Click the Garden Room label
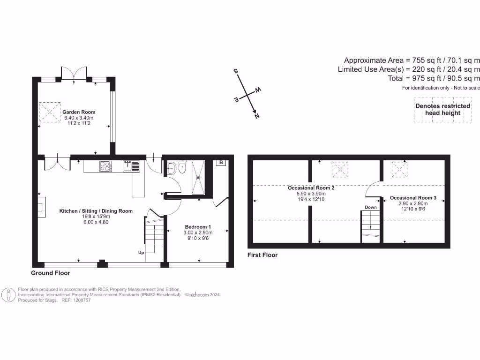tap(79, 112)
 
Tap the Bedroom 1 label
tap(197, 226)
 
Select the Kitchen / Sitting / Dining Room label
tap(96, 211)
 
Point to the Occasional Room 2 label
tap(311, 187)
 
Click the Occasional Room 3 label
tap(413, 198)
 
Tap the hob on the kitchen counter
tap(105, 166)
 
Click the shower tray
tap(198, 177)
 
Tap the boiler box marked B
tap(220, 163)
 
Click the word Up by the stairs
tap(141, 253)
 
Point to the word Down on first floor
tap(371, 207)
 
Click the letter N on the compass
tap(257, 117)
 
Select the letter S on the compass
tap(236, 71)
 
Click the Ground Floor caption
tap(51, 272)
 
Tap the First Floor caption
tap(262, 255)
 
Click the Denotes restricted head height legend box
tap(442, 110)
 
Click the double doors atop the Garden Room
tap(74, 74)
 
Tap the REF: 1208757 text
tap(75, 300)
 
